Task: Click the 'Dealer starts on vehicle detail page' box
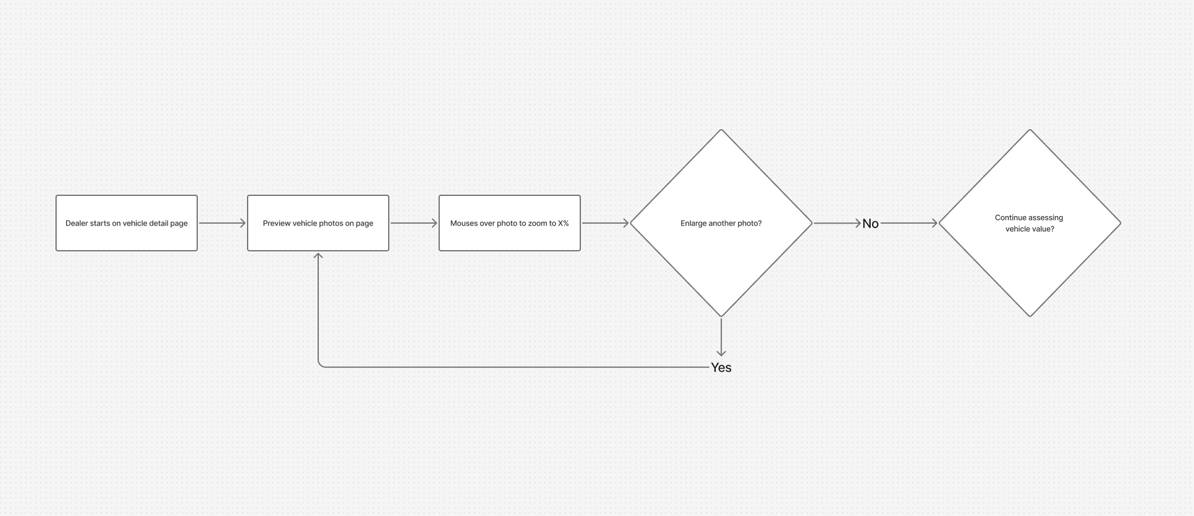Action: [127, 223]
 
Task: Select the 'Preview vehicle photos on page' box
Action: [318, 223]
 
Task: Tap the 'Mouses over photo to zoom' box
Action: [510, 223]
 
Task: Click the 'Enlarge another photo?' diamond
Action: [721, 223]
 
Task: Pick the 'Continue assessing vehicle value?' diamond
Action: [1030, 223]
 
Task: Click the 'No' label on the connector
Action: [870, 224]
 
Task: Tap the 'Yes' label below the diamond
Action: [721, 367]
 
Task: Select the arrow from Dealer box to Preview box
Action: [222, 223]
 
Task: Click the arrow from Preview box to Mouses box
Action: [414, 223]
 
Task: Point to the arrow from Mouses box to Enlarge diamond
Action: [606, 223]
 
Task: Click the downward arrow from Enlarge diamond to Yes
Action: [721, 338]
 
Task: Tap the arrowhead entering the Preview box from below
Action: [318, 256]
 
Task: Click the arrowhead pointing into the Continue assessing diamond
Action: [934, 223]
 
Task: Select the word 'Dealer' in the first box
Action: [76, 223]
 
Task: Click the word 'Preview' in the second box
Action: [277, 223]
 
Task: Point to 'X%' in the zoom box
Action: [563, 223]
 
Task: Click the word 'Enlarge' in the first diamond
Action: [693, 224]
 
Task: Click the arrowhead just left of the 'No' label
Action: [858, 223]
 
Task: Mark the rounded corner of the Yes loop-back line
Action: [320, 365]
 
